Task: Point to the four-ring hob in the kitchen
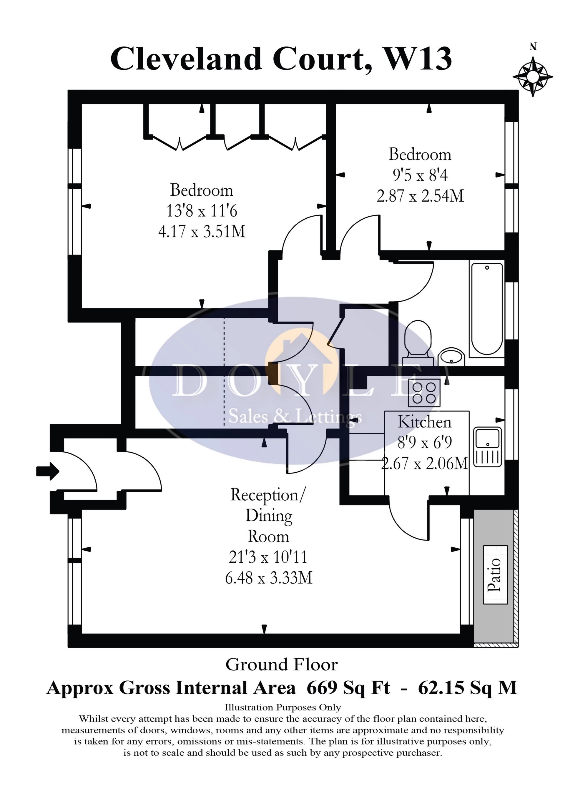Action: pos(424,393)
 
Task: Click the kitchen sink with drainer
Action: pos(488,447)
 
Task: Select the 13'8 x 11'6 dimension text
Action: pos(202,211)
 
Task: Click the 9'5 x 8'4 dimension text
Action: pos(420,175)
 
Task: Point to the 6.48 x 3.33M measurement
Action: pos(269,578)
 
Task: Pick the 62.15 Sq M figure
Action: pos(467,688)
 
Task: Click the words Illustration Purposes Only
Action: pos(282,707)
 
